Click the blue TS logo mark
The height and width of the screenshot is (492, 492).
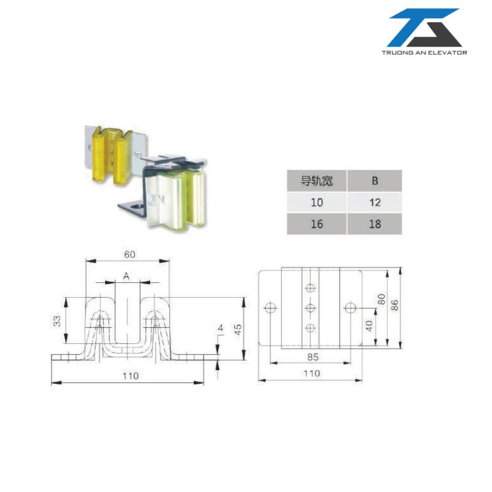pos(424,28)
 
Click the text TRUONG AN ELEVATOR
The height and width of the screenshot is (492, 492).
pos(424,52)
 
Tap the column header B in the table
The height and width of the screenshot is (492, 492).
pos(374,181)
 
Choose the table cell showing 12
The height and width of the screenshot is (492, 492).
pos(374,202)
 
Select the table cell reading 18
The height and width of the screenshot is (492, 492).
pos(374,224)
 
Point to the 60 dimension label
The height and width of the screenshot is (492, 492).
pos(129,254)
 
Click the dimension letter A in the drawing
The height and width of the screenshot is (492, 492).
pos(126,277)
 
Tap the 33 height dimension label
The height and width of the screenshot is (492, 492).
pos(57,321)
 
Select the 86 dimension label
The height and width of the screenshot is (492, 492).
pos(394,304)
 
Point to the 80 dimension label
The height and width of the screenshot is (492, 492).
pos(381,300)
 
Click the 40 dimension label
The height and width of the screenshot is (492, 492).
pos(370,325)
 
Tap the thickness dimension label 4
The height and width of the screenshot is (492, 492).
pos(220,330)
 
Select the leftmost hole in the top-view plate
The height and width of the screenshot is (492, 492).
pos(269,307)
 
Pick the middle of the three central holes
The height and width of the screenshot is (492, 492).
pos(311,307)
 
